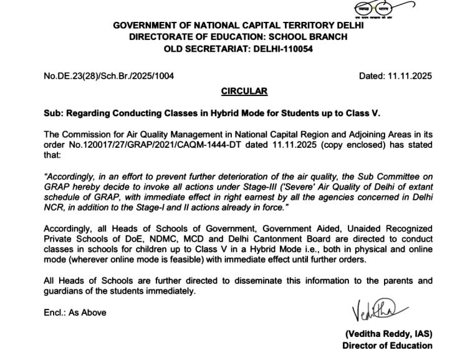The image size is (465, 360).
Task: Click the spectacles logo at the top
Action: tap(374, 9)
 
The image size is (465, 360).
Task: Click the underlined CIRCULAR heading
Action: tap(244, 91)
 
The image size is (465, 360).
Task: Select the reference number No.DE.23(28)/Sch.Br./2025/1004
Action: tap(108, 76)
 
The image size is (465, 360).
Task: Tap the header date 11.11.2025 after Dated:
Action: tap(410, 76)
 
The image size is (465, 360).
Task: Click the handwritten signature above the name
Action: tap(380, 309)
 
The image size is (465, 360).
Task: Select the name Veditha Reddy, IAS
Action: tap(388, 334)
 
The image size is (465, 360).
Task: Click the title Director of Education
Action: tap(387, 346)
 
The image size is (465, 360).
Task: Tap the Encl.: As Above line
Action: tap(75, 313)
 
